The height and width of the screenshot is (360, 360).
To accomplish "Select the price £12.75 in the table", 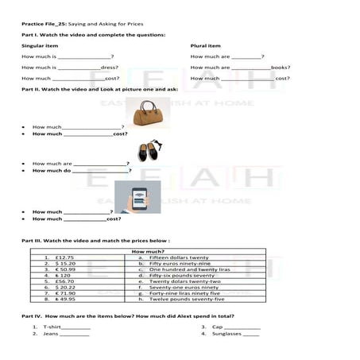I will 65,257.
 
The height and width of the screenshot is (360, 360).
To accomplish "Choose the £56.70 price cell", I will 65,281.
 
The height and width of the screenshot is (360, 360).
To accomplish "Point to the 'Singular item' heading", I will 40,46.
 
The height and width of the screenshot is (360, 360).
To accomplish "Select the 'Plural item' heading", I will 206,46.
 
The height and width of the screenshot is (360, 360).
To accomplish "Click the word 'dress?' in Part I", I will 110,68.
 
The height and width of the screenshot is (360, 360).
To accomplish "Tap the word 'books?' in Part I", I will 281,68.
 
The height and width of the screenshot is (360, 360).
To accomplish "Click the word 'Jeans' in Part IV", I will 51,334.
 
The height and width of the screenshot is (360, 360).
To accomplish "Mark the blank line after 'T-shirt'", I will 76,327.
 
